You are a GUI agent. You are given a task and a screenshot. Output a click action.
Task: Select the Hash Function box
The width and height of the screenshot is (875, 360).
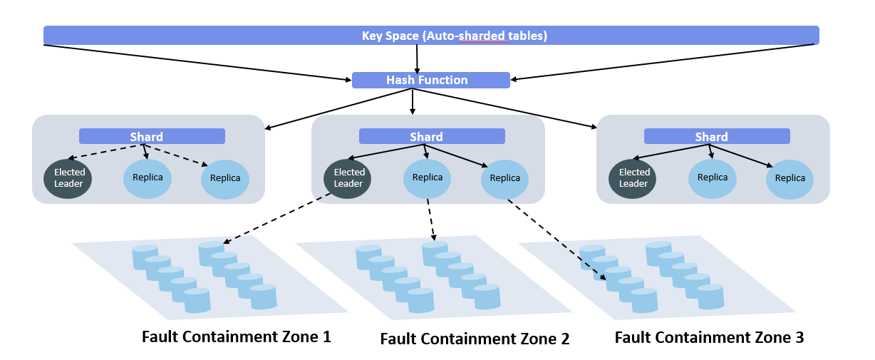tap(430, 80)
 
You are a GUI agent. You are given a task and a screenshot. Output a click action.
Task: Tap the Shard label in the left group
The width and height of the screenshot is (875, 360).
tap(152, 136)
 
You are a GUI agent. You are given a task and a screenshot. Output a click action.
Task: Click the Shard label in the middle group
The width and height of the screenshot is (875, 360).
tap(431, 136)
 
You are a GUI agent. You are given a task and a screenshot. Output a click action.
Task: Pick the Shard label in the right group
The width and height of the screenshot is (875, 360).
tap(716, 136)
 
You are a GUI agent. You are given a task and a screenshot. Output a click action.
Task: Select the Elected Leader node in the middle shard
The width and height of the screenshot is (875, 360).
tap(348, 178)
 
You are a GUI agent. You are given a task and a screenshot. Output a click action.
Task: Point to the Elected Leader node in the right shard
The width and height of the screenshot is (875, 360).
tap(633, 178)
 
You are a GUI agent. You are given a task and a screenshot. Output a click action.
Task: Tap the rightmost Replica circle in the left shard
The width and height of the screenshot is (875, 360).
tap(225, 178)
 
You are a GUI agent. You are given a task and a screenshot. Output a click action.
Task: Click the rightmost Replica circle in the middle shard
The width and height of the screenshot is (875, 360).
tap(505, 178)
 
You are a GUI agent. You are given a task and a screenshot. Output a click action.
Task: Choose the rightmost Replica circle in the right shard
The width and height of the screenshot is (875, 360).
tap(789, 178)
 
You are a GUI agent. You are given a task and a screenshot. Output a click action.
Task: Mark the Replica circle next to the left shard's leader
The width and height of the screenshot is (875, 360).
tap(148, 178)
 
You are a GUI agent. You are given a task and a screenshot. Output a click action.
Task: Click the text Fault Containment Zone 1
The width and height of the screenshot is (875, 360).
tap(237, 336)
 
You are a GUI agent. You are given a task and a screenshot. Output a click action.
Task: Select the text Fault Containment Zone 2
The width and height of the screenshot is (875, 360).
tap(475, 339)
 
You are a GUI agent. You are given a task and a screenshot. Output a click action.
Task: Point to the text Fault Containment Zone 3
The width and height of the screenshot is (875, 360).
tap(709, 337)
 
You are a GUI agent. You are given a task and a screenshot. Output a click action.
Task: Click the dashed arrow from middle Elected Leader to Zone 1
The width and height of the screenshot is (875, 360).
tap(278, 219)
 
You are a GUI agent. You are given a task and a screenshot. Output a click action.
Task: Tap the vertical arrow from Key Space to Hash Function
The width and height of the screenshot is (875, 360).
tap(417, 58)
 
